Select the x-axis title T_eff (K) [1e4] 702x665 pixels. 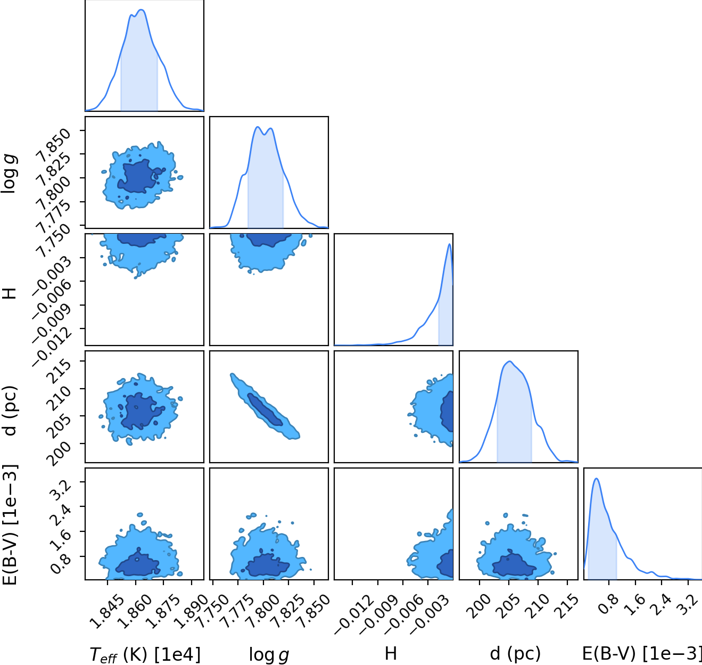tap(145, 654)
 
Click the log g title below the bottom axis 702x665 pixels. tap(269, 655)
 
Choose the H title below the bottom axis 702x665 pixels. tap(391, 654)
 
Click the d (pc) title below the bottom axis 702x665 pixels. tap(515, 654)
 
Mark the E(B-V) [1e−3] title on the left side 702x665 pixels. tap(9, 525)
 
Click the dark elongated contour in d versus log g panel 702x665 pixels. tap(265, 409)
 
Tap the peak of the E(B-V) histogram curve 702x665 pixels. tap(596, 479)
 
